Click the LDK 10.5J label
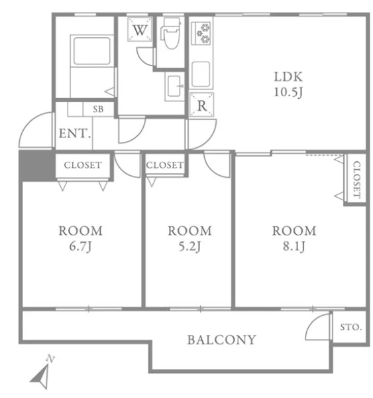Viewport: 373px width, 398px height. [288, 84]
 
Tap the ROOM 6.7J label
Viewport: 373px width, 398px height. [80, 239]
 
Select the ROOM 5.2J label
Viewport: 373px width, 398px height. [189, 239]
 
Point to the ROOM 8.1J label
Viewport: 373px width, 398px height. [294, 239]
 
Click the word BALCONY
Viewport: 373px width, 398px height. [221, 340]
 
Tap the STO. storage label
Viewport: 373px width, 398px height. [350, 327]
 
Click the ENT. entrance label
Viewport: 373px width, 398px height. [75, 133]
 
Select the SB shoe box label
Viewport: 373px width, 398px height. [98, 109]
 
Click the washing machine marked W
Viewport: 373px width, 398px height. [140, 29]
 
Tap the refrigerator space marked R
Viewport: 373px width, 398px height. [201, 105]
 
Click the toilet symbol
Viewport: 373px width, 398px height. [170, 33]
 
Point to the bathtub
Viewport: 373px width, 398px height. [92, 51]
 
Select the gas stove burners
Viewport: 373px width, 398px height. [201, 33]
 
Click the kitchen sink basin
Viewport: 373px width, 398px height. [201, 74]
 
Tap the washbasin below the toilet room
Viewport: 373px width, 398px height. [174, 86]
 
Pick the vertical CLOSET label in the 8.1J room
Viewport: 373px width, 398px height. [356, 180]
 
